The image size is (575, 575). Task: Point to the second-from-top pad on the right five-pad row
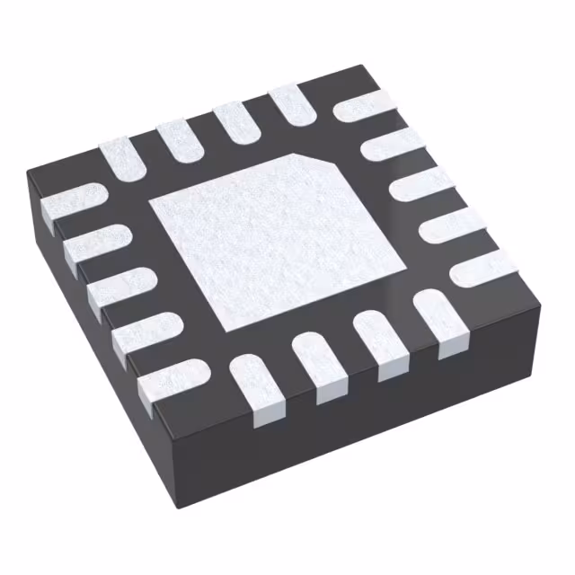(392, 143)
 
